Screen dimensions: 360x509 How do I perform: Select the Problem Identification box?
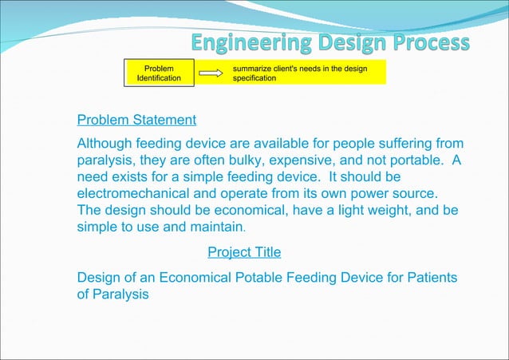158,73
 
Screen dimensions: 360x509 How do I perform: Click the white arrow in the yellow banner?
210,73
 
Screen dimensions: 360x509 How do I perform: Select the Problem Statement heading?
136,121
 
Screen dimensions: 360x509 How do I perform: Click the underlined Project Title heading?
244,252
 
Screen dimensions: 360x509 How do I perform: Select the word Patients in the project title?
432,278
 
